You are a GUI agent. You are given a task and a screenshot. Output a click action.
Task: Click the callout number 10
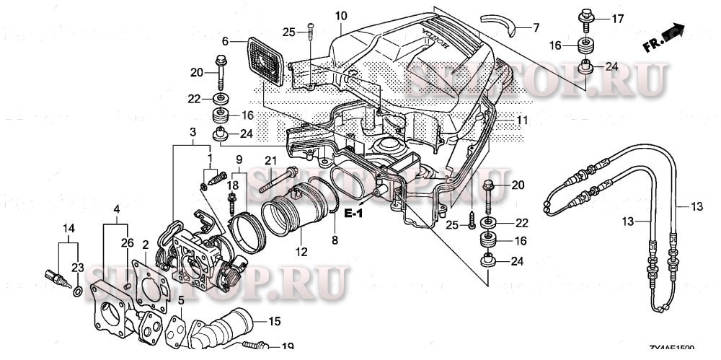point(341,15)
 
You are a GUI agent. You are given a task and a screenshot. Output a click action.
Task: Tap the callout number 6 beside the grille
point(224,41)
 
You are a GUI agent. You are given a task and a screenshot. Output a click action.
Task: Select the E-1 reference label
point(353,214)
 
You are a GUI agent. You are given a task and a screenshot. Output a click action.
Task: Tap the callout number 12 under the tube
point(300,252)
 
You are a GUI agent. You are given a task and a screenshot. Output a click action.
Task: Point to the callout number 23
point(77,267)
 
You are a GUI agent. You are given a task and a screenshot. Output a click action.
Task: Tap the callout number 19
point(287,346)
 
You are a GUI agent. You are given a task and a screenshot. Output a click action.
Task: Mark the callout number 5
point(182,299)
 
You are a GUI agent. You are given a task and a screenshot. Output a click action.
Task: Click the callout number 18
point(231,185)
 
